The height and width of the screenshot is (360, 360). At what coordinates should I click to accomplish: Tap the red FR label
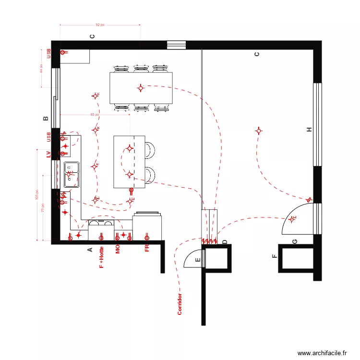coord(147,248)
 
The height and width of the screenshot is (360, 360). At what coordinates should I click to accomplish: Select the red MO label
coord(117,249)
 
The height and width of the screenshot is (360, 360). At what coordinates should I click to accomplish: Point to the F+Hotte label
coord(101,257)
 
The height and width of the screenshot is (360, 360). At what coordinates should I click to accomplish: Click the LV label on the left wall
coord(48,155)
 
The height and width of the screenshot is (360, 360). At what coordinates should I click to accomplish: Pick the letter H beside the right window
coord(310,130)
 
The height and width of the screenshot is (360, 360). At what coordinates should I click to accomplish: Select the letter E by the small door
coord(197,260)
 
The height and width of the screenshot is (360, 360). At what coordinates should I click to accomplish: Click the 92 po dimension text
coord(99,24)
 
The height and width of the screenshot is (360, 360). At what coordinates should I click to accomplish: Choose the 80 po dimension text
coord(95,115)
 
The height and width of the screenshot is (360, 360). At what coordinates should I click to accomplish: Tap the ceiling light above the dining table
coord(141,88)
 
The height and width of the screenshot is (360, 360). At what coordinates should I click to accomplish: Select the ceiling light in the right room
coord(259,131)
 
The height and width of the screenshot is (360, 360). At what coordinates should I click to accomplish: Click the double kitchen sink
coord(72,174)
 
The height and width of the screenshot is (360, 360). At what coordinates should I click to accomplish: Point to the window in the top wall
coord(176,45)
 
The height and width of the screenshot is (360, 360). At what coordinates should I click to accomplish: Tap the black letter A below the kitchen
coord(89,250)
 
